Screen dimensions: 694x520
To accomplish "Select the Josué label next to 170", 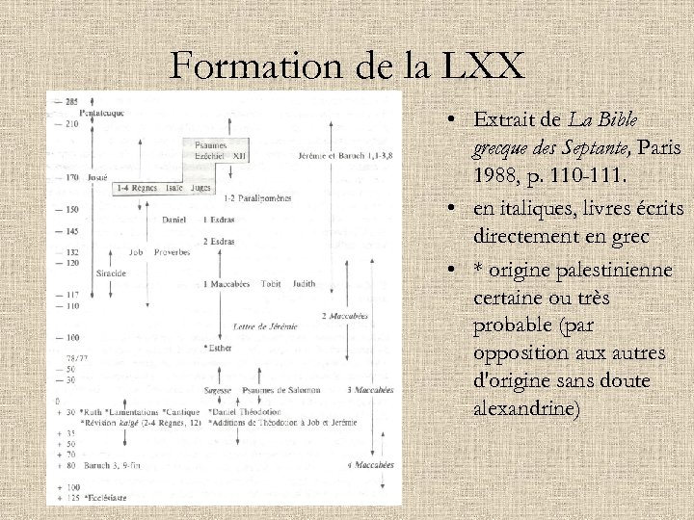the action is coord(94,178).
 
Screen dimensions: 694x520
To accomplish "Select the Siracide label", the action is coord(111,273).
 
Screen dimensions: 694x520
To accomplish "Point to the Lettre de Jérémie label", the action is coord(265,326).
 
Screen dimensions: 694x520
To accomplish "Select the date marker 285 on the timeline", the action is coord(72,101).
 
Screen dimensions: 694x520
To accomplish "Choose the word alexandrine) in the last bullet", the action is coord(527,408).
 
